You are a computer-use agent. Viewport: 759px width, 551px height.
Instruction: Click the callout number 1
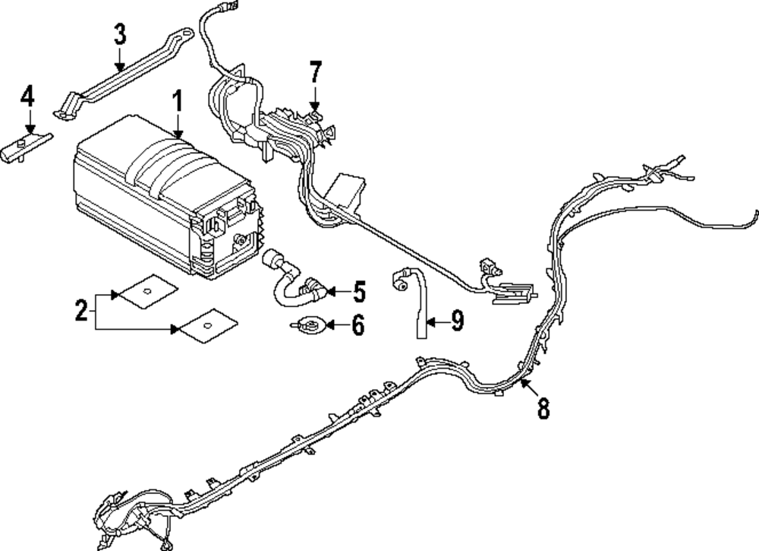178,101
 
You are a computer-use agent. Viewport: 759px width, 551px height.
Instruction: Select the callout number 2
81,310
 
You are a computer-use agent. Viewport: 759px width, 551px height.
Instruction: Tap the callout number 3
120,34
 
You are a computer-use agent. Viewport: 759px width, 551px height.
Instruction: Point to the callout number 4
27,96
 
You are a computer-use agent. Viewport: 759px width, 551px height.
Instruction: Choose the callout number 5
359,292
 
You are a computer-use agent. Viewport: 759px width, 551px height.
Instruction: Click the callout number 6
357,325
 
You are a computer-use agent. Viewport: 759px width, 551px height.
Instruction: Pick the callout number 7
315,72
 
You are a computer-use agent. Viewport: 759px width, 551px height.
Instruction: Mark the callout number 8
543,408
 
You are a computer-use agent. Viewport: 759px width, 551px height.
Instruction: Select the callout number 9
458,321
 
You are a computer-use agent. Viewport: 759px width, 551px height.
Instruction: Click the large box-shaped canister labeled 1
167,198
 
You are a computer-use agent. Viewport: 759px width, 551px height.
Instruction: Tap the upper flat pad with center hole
148,291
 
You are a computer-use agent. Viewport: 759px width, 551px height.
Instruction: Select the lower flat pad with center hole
208,325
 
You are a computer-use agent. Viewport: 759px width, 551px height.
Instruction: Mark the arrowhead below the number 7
315,106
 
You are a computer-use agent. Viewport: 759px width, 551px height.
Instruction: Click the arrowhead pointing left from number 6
331,325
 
